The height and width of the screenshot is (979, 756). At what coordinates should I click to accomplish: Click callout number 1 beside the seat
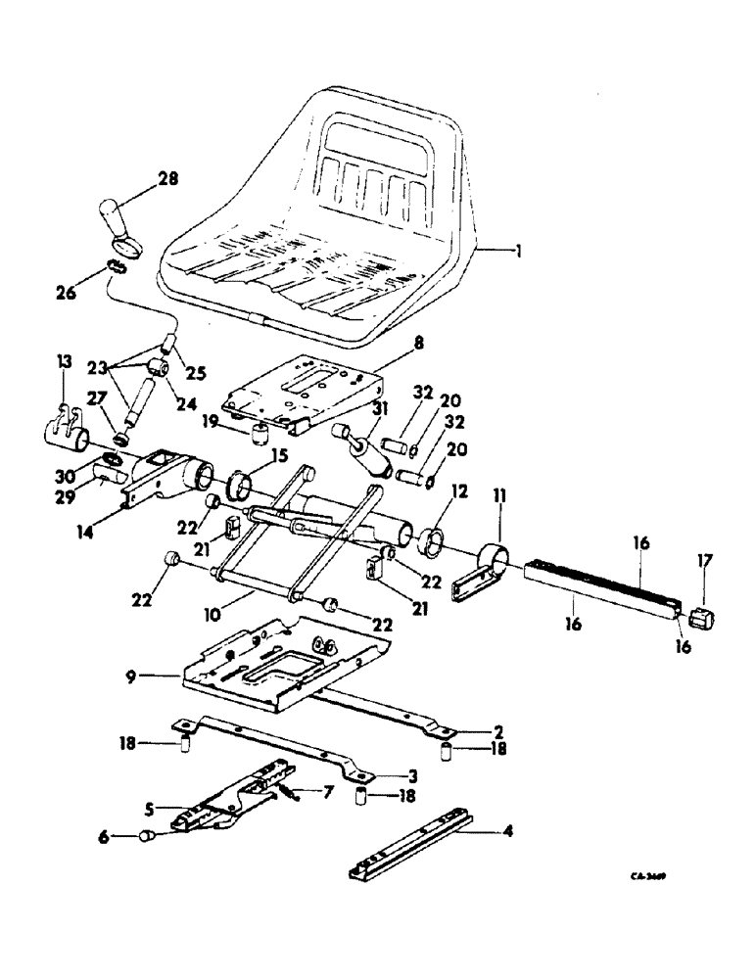tap(518, 251)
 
